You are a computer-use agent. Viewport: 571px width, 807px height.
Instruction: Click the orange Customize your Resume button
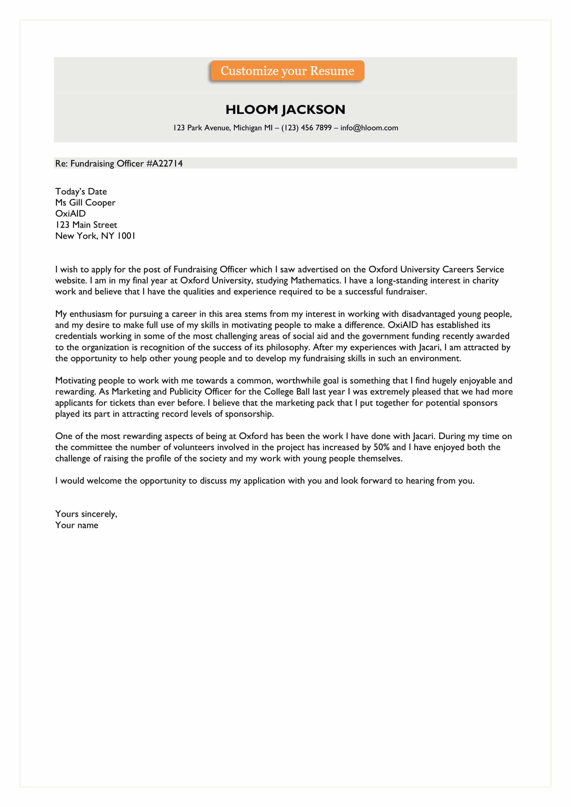[287, 71]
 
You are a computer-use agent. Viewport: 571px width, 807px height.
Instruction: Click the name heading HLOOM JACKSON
[285, 110]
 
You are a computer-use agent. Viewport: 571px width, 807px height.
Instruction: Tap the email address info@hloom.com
[369, 128]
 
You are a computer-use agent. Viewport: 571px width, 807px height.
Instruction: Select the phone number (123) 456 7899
[306, 128]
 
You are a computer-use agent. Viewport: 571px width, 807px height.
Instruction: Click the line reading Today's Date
[81, 192]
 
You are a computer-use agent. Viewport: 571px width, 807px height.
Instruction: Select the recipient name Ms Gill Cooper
[85, 203]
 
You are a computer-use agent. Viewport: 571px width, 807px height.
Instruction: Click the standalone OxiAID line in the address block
[70, 214]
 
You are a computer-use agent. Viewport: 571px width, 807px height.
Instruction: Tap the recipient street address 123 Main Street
[86, 225]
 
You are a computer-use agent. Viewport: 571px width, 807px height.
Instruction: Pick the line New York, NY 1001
[95, 236]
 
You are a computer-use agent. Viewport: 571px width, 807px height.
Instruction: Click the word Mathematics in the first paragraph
[316, 281]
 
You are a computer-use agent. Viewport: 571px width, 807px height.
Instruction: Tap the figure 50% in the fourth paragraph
[381, 447]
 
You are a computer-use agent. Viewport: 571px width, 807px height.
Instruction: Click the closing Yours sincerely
[86, 514]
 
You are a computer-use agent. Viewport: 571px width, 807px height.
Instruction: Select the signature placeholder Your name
[77, 525]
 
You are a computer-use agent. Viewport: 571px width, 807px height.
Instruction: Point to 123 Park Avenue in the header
[202, 128]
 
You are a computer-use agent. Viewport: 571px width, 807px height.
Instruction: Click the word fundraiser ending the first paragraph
[405, 292]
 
